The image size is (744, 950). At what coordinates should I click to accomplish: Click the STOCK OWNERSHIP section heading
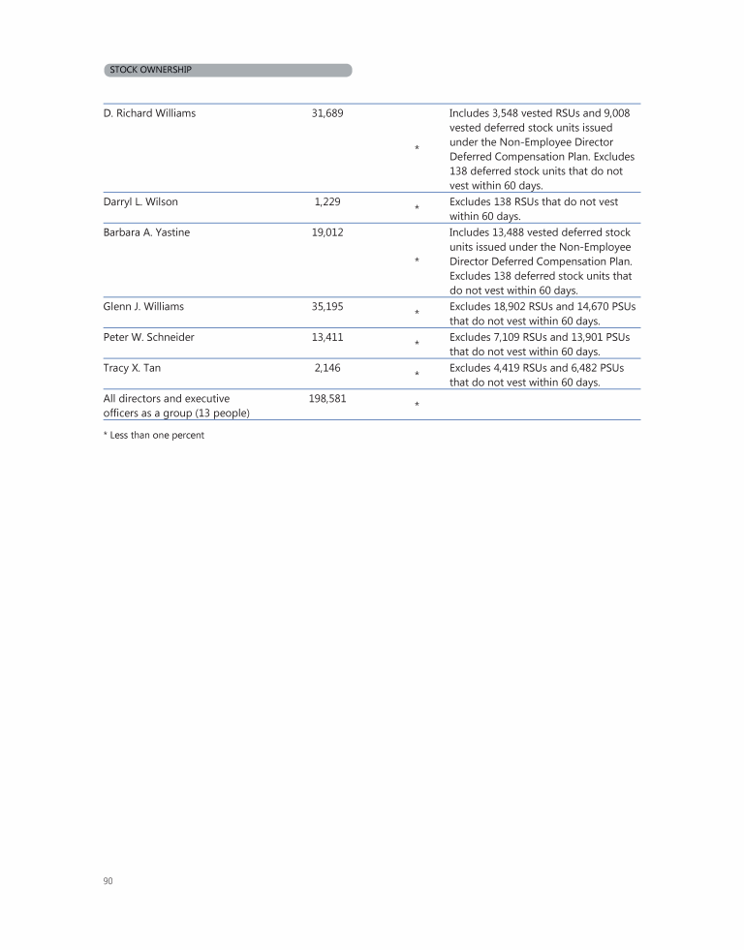pos(150,70)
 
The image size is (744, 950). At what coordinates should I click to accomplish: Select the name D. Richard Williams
pos(149,113)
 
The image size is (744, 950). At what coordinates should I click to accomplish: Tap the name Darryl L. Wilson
pos(140,201)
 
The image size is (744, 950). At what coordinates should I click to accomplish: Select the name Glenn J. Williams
pos(143,306)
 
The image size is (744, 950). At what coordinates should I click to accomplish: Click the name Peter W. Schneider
pos(148,337)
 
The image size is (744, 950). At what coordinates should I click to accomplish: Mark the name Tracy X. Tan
pos(132,368)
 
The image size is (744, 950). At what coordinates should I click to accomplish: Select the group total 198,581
pos(328,398)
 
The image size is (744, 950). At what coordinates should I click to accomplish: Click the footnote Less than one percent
pos(154,435)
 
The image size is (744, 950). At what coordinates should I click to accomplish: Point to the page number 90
pos(108,880)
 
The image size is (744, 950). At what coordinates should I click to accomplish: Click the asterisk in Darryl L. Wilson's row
pos(417,208)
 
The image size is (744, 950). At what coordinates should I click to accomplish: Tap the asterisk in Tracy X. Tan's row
pos(417,374)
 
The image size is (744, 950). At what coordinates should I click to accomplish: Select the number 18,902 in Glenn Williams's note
pos(515,306)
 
